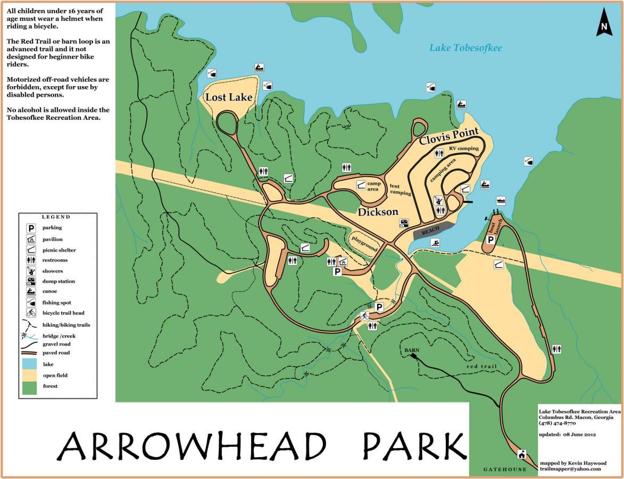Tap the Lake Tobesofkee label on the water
pos(465,48)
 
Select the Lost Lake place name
pos(229,97)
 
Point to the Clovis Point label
pos(448,136)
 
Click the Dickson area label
pos(378,212)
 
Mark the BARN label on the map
pos(411,350)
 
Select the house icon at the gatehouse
pos(521,455)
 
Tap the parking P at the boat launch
pos(490,240)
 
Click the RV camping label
pos(463,148)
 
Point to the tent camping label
pos(401,189)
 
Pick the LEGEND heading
pos(56,217)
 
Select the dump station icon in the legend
pos(31,281)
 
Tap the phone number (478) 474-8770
pos(557,423)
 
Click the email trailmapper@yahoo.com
pos(570,469)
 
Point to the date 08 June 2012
pos(577,434)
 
